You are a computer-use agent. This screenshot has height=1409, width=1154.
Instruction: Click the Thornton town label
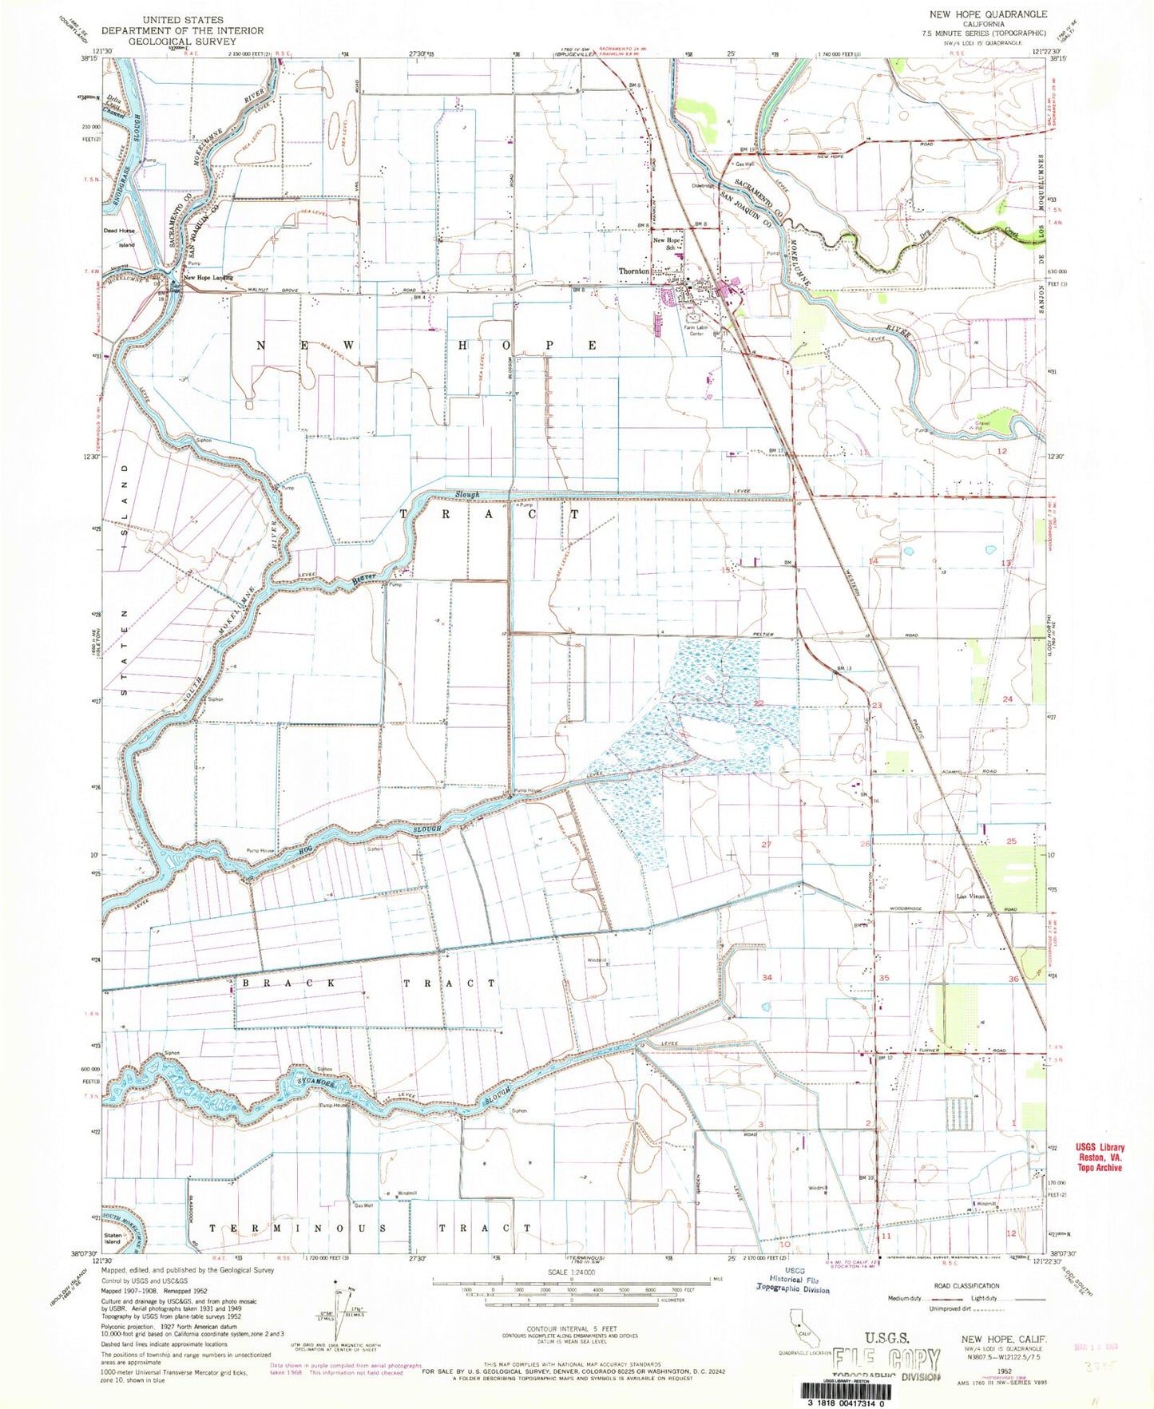635,271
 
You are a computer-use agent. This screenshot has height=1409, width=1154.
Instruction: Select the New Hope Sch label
668,244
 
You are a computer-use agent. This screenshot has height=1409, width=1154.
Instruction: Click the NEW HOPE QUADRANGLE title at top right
987,14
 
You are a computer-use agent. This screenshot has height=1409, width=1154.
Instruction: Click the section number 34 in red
767,977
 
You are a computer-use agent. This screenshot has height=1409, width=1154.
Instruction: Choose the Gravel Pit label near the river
983,425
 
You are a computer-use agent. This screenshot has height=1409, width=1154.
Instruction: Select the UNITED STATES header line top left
183,19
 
